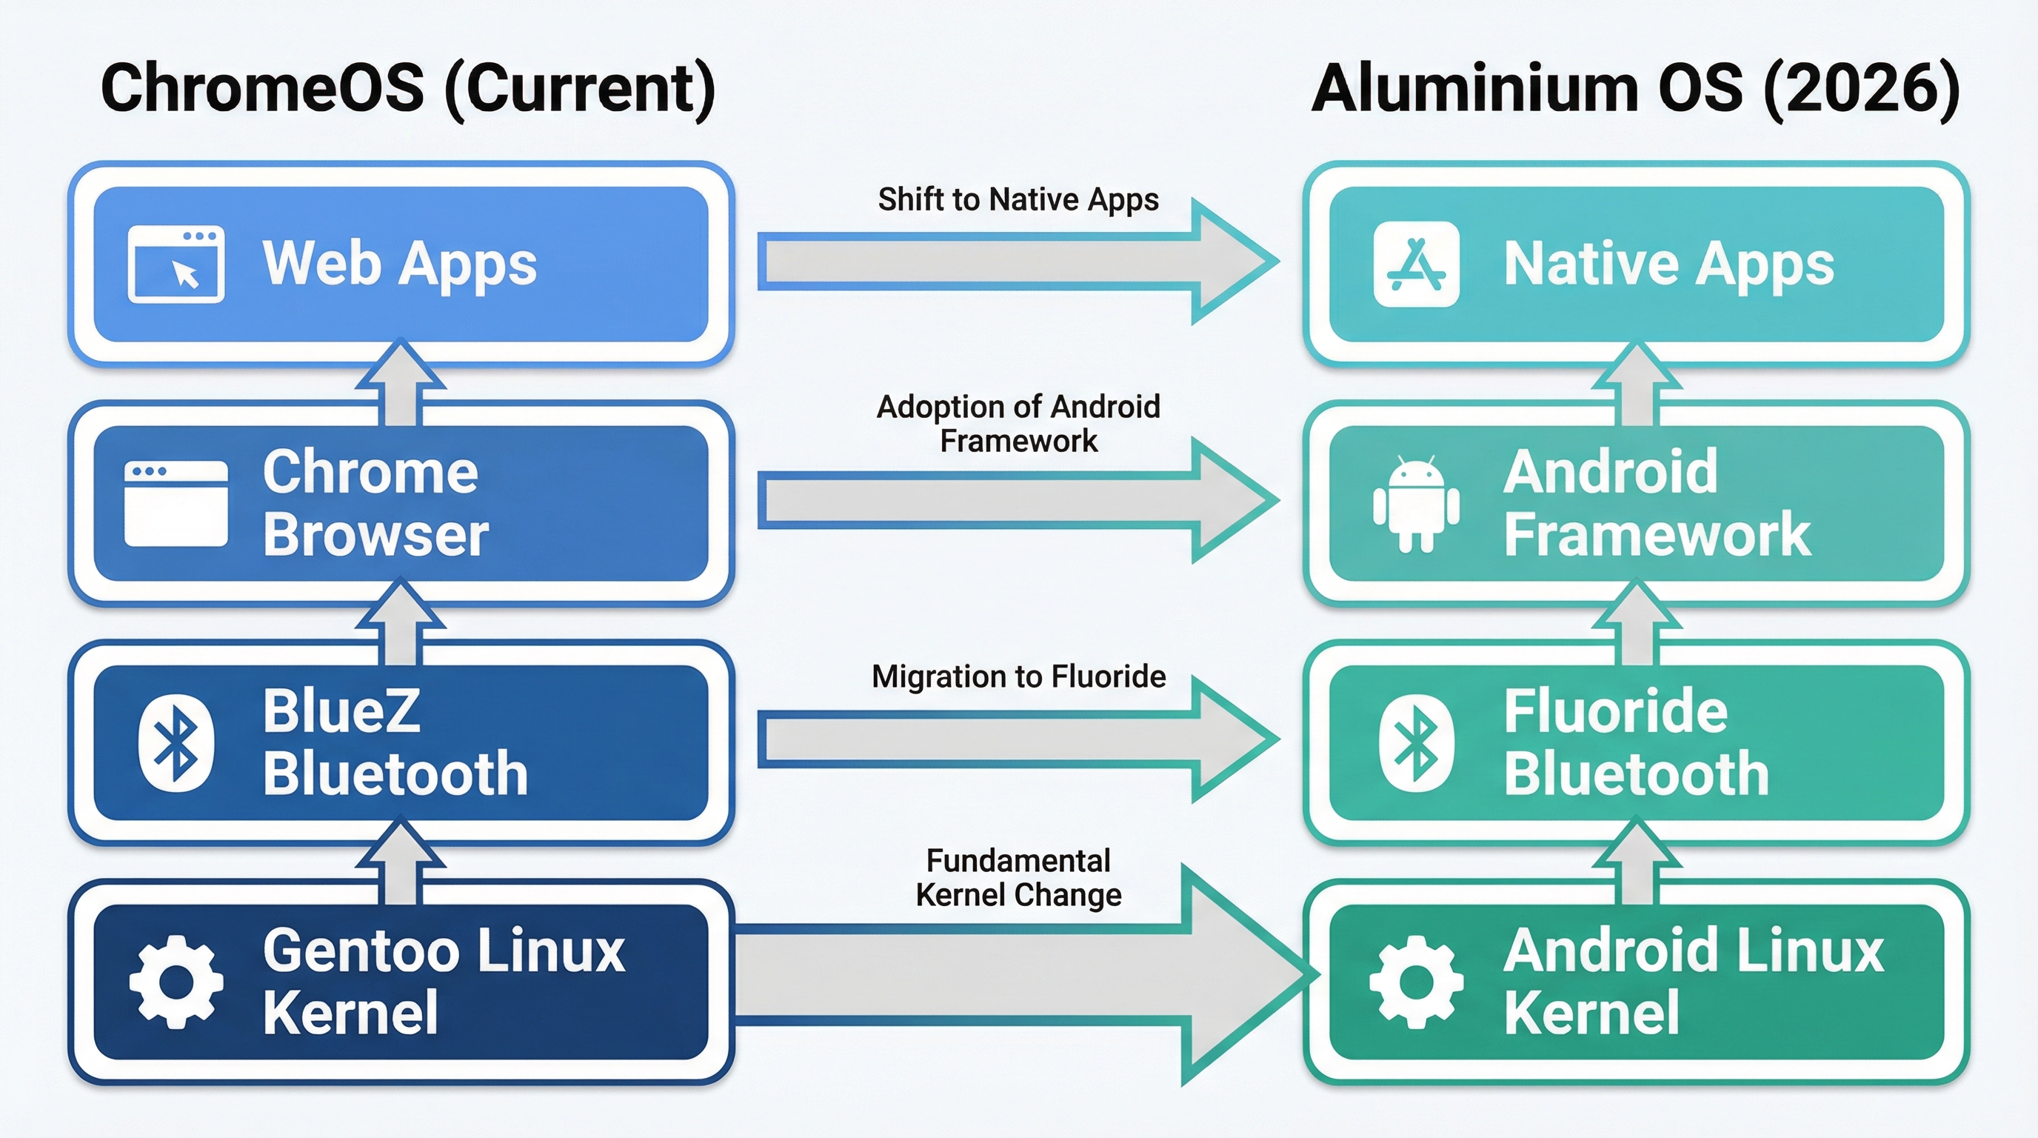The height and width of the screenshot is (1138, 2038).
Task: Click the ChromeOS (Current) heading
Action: click(408, 89)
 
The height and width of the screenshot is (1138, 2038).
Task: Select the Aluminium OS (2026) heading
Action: click(1635, 89)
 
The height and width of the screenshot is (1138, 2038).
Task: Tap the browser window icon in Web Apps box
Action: click(176, 264)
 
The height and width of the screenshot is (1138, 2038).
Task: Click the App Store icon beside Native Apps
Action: click(1416, 264)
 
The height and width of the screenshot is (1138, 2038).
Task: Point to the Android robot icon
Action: click(1416, 504)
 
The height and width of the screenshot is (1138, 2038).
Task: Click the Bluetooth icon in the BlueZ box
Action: click(176, 743)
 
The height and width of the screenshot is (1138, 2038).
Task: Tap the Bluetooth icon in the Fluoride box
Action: click(1416, 743)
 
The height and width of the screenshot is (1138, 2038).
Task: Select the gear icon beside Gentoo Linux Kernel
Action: click(176, 982)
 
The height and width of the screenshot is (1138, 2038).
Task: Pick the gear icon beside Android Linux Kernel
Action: click(1416, 982)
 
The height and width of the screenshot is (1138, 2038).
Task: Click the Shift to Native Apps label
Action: click(1018, 199)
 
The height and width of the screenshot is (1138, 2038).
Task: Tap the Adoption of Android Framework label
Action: click(1018, 423)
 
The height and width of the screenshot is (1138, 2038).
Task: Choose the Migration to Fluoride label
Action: click(1018, 676)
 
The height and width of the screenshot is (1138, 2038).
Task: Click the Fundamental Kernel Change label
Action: click(1018, 878)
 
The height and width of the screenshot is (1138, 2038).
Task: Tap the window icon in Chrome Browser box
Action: click(176, 504)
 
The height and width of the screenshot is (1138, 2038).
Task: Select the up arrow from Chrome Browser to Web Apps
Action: click(401, 385)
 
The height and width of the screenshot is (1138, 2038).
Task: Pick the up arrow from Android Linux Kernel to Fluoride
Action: click(1636, 863)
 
